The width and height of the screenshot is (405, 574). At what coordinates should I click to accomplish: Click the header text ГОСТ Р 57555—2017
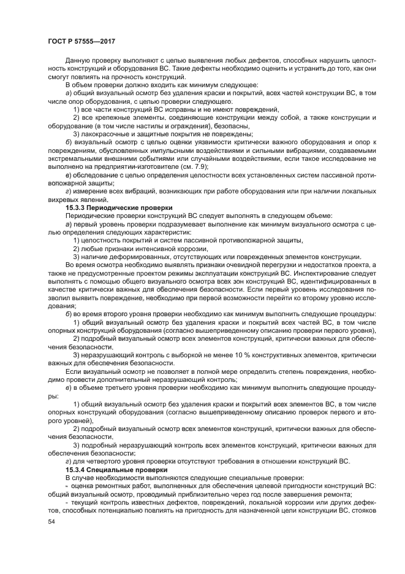coord(81,42)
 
